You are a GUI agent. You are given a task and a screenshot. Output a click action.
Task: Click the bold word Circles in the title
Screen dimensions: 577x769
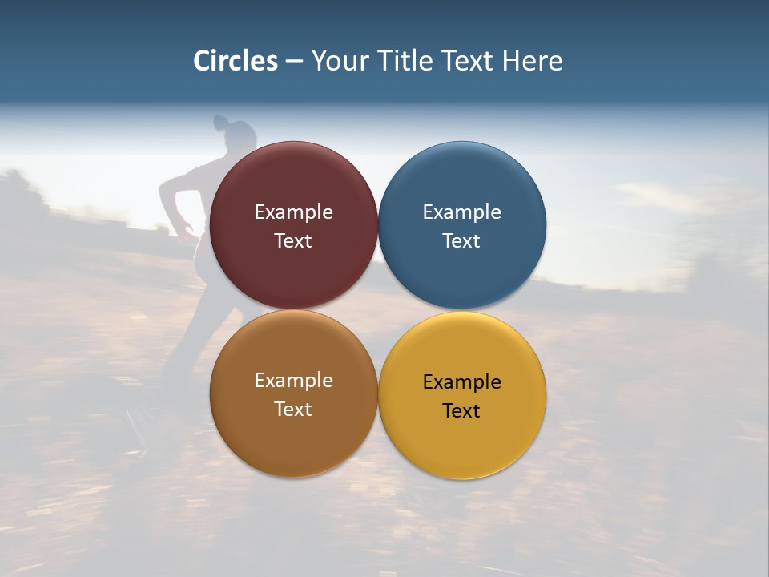[x=236, y=61]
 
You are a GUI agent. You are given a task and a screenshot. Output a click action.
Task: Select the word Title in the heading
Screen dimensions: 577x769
[x=403, y=61]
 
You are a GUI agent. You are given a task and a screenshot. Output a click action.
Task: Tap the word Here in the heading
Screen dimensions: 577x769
[x=532, y=61]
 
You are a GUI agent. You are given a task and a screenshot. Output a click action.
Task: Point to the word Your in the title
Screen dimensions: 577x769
[x=339, y=61]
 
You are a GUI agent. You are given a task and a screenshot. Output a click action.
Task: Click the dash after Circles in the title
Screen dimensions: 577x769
[x=294, y=62]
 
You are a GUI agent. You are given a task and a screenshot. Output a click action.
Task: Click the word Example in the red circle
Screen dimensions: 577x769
[x=293, y=212]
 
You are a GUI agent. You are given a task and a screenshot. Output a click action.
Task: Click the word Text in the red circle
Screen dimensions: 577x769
[x=293, y=241]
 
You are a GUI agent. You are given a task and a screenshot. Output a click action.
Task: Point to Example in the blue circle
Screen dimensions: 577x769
[x=462, y=212]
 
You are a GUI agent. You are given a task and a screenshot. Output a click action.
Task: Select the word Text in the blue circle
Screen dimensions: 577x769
[x=462, y=241]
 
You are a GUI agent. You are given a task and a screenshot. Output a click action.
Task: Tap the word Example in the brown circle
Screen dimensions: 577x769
[x=293, y=381]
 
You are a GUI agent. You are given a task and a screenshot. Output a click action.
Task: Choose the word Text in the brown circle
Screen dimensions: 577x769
[x=293, y=410]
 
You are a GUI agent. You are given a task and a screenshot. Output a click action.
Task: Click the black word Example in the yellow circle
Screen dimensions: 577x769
[x=462, y=382]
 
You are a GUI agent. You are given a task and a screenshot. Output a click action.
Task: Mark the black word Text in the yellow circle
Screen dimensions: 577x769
[x=462, y=411]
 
